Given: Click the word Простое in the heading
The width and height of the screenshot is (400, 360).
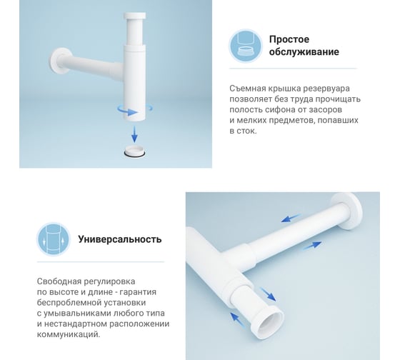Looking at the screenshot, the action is [x=289, y=39].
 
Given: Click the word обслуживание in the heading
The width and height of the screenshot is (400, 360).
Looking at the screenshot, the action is [x=304, y=52].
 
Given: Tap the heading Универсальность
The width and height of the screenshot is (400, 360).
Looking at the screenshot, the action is [x=120, y=239].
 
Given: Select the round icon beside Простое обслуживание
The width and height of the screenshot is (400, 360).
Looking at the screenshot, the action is [x=246, y=46].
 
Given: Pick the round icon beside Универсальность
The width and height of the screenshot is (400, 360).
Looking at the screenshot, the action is [x=54, y=239].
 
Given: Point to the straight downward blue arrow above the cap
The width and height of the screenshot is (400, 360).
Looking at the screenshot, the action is [x=134, y=134].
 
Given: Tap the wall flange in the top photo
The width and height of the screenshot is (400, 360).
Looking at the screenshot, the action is [x=59, y=61].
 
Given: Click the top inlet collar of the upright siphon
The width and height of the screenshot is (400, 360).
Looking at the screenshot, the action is [x=135, y=16].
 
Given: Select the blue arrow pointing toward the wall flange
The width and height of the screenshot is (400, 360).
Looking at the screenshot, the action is [x=311, y=246].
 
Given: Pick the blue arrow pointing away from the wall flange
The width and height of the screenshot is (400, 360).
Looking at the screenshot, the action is [x=291, y=219].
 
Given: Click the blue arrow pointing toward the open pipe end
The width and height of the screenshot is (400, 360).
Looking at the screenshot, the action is [x=268, y=294].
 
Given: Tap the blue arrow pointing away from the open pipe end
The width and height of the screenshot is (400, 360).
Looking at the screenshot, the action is [x=238, y=320].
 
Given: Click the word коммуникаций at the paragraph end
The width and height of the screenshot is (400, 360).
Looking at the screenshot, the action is [x=69, y=334].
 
